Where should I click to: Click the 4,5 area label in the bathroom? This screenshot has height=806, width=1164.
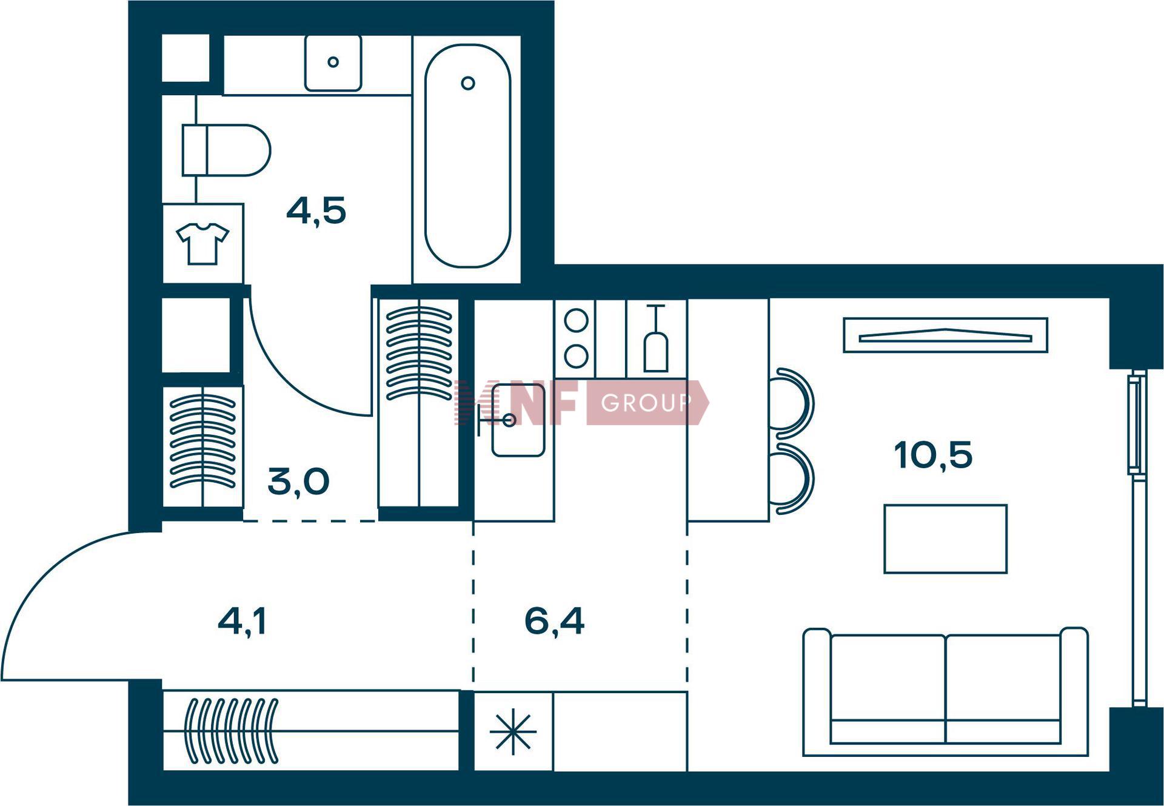(316, 211)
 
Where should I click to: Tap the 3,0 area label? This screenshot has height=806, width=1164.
(298, 482)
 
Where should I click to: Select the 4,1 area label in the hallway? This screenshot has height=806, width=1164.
(242, 622)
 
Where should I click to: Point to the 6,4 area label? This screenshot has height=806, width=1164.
(554, 621)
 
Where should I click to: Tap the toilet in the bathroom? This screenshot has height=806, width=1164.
(226, 150)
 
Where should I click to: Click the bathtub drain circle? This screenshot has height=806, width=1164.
(467, 83)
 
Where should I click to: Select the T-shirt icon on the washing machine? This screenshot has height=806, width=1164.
(202, 243)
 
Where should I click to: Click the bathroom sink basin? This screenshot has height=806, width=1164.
(333, 62)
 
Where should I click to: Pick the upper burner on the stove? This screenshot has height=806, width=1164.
(576, 320)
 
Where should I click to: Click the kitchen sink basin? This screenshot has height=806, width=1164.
(518, 420)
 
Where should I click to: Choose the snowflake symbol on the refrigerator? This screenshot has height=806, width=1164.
(513, 731)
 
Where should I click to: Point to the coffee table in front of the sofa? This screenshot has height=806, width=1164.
(945, 539)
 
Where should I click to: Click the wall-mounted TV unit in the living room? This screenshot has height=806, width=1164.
(945, 335)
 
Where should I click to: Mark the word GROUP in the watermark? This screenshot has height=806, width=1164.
(646, 403)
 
